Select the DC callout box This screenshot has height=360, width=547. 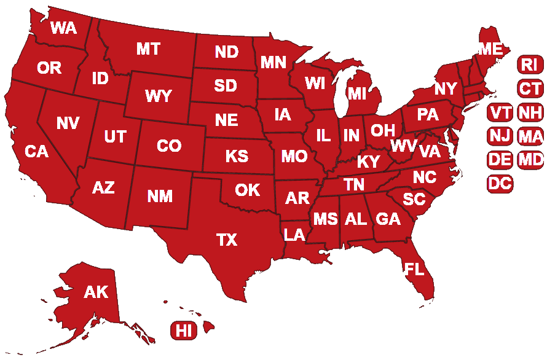click(x=500, y=183)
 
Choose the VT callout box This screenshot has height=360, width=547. click(x=500, y=113)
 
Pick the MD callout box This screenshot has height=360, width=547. click(x=530, y=160)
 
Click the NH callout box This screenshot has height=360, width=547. click(x=529, y=113)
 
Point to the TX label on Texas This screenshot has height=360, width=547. click(x=227, y=240)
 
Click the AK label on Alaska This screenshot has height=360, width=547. click(x=96, y=292)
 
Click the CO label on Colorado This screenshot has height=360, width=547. click(x=169, y=146)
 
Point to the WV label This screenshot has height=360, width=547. click(x=403, y=146)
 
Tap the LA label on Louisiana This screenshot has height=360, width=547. click(x=294, y=234)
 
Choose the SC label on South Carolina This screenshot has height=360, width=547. click(x=414, y=199)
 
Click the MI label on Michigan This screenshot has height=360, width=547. click(x=356, y=93)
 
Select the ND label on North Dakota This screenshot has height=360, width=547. click(x=227, y=53)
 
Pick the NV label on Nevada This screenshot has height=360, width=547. click(x=68, y=123)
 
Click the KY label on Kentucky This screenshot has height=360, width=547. click(x=368, y=162)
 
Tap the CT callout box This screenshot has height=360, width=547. click(x=529, y=88)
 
